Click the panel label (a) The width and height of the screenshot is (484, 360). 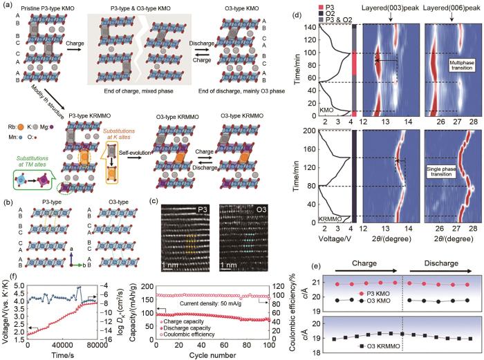coord(7,6)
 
